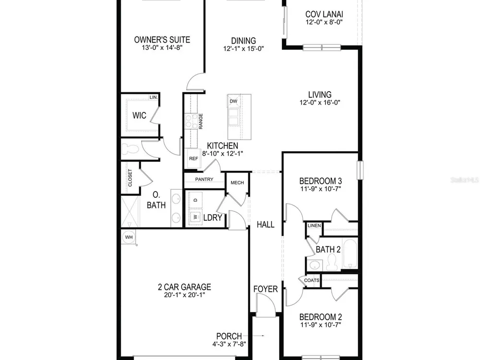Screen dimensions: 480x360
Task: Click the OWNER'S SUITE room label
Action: coord(162,39)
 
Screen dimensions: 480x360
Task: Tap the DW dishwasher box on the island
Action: coord(234,101)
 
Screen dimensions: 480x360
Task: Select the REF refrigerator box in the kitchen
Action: coord(193,158)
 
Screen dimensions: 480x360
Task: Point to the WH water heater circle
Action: coord(129,237)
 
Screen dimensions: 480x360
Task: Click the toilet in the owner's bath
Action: coord(131,150)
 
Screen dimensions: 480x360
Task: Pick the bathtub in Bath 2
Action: coord(349,254)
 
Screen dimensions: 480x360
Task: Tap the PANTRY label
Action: coord(204,179)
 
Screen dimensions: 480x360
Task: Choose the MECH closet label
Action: coord(237,182)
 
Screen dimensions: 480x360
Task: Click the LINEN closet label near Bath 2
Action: coord(314,225)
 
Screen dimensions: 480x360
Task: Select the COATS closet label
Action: coord(312,280)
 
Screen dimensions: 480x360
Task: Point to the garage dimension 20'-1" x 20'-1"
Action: coord(184,295)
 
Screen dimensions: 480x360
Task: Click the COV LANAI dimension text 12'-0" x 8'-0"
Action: coord(324,22)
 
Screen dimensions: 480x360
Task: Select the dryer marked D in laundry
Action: coord(196,200)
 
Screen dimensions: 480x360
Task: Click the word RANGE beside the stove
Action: coord(201,121)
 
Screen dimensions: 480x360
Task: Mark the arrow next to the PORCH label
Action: coord(259,336)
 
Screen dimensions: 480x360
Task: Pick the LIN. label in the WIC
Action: coord(154,97)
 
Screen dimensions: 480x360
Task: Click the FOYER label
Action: coord(265,289)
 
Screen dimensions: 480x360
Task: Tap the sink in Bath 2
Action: coord(315,265)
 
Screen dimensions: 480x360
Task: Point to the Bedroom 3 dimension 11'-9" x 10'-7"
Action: coord(321,189)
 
